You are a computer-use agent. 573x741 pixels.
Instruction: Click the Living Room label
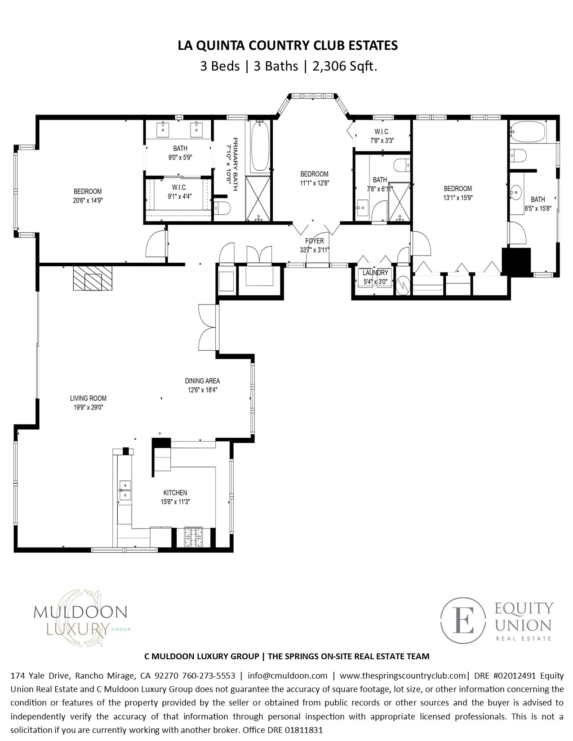88,398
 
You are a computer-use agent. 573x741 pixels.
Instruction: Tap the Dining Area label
202,381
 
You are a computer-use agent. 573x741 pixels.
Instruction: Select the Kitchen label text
175,493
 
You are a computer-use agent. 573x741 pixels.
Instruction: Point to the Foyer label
314,241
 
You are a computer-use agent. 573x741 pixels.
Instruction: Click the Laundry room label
375,273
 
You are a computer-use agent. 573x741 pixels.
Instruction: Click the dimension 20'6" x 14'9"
88,200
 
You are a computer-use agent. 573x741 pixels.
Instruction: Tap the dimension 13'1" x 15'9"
458,198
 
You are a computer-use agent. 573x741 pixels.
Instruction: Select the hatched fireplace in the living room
93,278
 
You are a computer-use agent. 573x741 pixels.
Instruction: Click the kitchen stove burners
194,537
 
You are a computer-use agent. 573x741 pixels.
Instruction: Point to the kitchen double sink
125,490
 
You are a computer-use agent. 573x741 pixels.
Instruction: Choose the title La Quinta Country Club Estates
288,45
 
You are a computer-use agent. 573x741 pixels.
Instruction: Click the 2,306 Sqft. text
345,66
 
